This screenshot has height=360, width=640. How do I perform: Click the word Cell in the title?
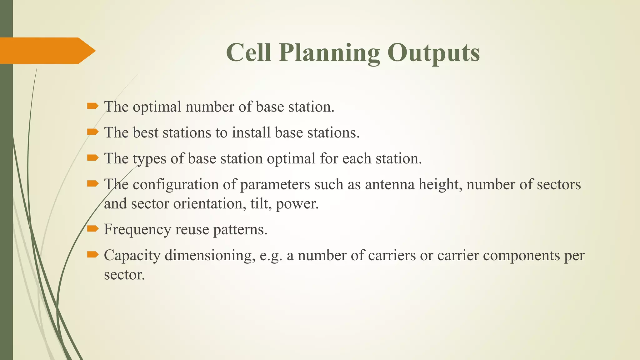point(248,52)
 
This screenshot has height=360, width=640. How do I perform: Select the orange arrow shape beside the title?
point(47,51)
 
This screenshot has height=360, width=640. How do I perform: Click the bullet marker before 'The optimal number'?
point(92,106)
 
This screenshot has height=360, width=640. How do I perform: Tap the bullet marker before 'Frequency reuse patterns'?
point(92,229)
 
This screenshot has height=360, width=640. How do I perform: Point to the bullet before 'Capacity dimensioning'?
point(92,255)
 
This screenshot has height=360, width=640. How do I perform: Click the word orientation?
point(208,204)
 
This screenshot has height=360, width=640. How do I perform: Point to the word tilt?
point(260,204)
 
